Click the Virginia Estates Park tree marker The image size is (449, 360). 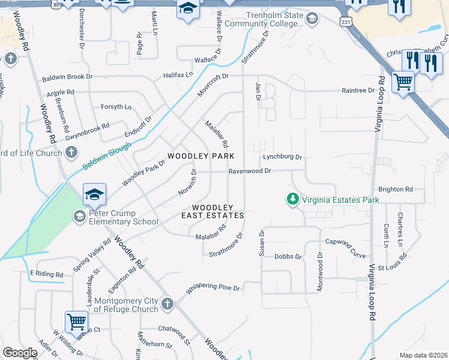[292, 199]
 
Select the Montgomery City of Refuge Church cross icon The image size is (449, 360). [167, 304]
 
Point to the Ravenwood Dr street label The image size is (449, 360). [250, 171]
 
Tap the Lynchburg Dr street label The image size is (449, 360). [282, 157]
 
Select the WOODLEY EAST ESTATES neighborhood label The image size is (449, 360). [212, 211]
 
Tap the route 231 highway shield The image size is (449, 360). [346, 21]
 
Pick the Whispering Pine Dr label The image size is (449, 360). [212, 289]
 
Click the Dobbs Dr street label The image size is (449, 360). [288, 256]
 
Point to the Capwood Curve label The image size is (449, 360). [345, 242]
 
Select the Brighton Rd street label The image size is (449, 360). [396, 189]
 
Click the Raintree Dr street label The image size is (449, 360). [358, 91]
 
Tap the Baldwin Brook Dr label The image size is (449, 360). [67, 77]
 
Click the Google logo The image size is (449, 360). [20, 353]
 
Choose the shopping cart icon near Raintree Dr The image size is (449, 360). [403, 82]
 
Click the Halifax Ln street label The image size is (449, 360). [178, 75]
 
